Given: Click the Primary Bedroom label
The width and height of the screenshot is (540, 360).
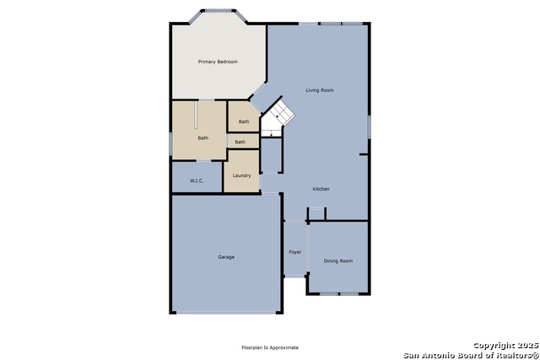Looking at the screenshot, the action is click(x=218, y=62).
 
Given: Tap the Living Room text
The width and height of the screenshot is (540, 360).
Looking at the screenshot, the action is click(x=320, y=90).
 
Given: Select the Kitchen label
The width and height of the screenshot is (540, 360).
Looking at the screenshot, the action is click(x=321, y=189).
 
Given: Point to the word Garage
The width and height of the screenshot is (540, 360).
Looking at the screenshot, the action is click(x=226, y=257).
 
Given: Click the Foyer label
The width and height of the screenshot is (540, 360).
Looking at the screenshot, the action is click(x=295, y=252).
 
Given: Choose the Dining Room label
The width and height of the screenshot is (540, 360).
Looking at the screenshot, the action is click(x=338, y=261).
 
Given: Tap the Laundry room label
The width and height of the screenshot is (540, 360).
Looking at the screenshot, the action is click(x=242, y=175).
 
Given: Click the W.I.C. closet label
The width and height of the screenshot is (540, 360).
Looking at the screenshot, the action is click(x=197, y=180).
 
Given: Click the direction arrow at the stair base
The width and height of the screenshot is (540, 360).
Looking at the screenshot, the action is click(x=272, y=133).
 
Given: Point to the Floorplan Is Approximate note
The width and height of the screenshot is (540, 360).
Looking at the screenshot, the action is click(x=270, y=347).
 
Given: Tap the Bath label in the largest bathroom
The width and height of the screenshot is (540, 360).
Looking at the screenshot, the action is click(x=203, y=138).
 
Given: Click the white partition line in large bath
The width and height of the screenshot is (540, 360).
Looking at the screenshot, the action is click(x=196, y=115).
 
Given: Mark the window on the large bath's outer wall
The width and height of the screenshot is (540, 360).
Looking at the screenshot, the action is click(x=170, y=144).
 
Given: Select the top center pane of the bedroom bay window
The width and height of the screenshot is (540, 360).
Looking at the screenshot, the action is click(x=218, y=11).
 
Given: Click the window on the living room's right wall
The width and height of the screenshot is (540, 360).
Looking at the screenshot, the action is click(x=369, y=127).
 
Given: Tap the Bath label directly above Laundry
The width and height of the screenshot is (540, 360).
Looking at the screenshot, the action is click(x=240, y=142).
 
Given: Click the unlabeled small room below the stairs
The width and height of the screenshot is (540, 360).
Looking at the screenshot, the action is click(x=272, y=155).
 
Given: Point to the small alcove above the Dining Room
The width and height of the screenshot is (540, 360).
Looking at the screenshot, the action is click(x=316, y=213).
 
